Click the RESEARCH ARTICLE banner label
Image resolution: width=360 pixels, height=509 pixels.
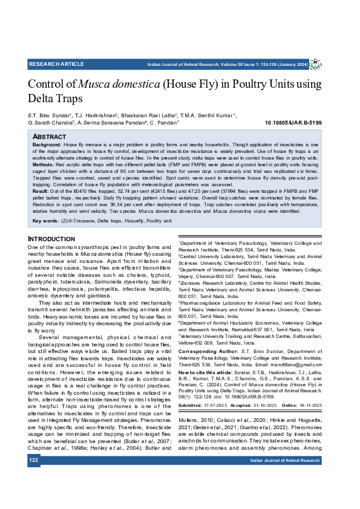coord(56,64)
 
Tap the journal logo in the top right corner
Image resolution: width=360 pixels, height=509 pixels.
coord(315,64)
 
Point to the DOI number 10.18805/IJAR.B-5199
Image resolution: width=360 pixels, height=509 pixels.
coord(293,123)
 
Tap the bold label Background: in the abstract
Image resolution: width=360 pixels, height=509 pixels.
coord(47,146)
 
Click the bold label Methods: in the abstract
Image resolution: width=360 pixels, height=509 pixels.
coord(44,164)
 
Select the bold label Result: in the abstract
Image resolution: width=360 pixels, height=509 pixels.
coord(41,190)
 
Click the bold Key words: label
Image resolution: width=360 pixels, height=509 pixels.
coord(46,221)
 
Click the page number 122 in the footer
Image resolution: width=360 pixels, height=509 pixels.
coord(34,461)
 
